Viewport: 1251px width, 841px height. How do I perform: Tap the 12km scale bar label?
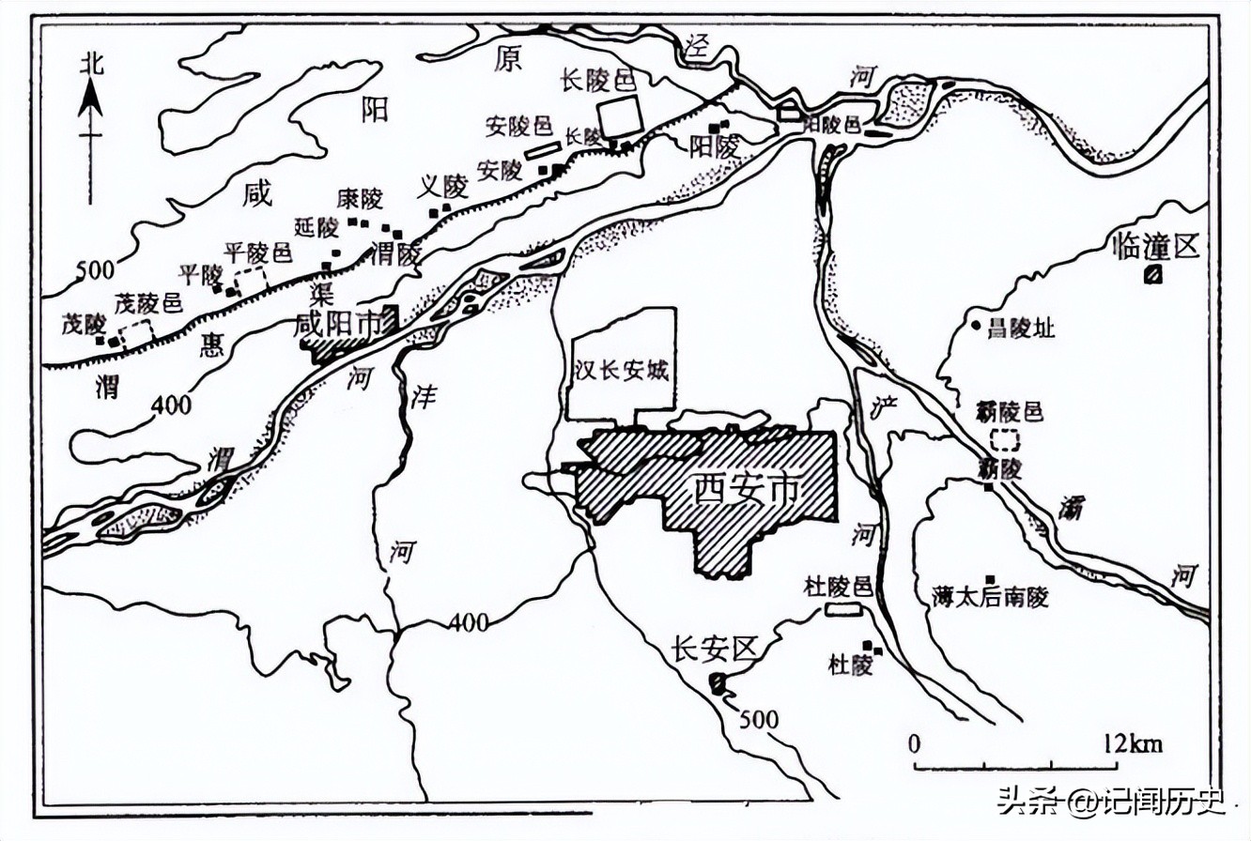(1133, 744)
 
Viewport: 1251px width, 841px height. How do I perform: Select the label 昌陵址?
(1021, 328)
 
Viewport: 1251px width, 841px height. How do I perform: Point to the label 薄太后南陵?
(990, 597)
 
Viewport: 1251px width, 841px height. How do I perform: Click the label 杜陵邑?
(839, 588)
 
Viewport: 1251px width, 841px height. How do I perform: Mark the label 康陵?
(360, 199)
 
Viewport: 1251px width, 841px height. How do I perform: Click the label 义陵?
(440, 188)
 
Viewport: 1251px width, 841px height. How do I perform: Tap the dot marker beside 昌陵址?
(976, 326)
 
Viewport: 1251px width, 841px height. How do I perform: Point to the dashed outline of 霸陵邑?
(1006, 438)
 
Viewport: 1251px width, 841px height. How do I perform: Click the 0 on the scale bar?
(914, 744)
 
